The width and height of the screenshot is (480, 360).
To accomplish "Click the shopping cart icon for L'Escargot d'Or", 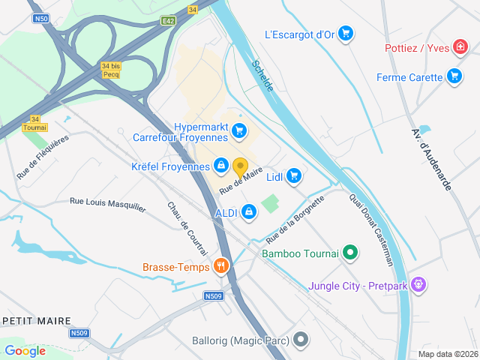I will pos(345,33).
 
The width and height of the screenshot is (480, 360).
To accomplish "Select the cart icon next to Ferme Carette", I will pos(454,76).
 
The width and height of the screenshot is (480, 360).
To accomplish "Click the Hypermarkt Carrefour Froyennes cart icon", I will pos(239,131).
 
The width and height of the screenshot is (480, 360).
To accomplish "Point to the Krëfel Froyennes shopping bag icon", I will pos(221,165).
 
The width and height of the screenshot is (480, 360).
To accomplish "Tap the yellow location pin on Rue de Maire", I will pos(240,167).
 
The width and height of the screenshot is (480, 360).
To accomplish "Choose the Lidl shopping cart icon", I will pos(293,175).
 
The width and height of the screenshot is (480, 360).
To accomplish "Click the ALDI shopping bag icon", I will pos(249,213).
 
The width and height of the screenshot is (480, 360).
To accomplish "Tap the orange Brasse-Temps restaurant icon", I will pos(220,265).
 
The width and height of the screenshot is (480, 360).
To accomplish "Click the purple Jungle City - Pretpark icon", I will pos(418,285).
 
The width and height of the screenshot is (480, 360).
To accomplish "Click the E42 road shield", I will pos(168,22).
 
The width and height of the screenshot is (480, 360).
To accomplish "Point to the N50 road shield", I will pos(41,18).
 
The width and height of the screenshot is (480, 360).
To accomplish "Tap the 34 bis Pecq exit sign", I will pos(110,70).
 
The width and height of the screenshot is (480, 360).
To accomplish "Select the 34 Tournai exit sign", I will pos(34,123).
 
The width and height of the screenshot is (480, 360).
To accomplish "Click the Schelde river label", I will pos(262,76).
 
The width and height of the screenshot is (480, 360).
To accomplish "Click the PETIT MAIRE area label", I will pos(36,320).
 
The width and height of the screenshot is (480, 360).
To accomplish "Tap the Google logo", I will pos(25,350).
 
